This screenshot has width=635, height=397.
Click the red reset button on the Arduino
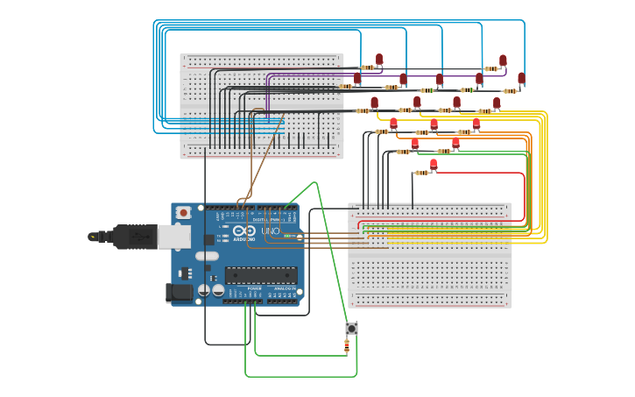point(183,212)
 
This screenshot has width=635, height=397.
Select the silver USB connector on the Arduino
point(173,235)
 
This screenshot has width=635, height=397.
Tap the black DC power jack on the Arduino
point(180,293)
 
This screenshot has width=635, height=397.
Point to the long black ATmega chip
point(260,275)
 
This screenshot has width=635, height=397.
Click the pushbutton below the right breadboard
point(351,329)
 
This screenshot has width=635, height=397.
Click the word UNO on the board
point(272,231)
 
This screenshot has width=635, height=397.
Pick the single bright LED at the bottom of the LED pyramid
point(434,164)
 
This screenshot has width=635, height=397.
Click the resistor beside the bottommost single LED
point(421,173)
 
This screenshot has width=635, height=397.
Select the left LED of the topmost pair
point(379,60)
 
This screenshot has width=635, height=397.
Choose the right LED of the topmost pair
point(503,60)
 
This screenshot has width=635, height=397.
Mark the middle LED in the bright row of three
point(434,124)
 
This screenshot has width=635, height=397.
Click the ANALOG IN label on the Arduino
point(285,288)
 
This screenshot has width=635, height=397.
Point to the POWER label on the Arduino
point(254,288)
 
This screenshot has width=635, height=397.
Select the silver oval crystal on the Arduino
point(207,256)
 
